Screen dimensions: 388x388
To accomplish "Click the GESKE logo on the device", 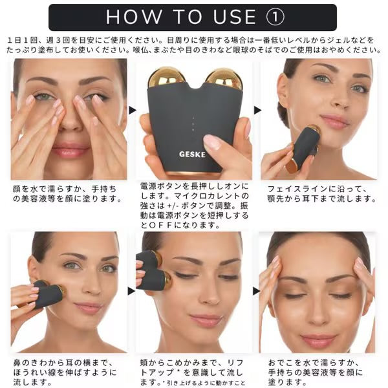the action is pyautogui.click(x=192, y=155).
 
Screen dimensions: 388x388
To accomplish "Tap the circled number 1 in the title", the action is pyautogui.click(x=275, y=17).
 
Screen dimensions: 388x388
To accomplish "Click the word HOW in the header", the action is pyautogui.click(x=133, y=17).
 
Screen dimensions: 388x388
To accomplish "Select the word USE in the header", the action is pyautogui.click(x=234, y=17).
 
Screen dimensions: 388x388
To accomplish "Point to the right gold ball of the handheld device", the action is pyautogui.click(x=224, y=79).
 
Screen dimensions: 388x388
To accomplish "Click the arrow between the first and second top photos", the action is pyautogui.click(x=133, y=111).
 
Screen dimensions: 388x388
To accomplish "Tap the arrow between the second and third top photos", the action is pyautogui.click(x=257, y=111).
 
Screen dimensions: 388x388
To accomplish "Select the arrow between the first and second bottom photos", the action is pyautogui.click(x=131, y=291).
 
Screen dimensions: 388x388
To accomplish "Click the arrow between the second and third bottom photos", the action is pyautogui.click(x=256, y=291).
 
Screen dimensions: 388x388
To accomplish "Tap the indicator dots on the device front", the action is pyautogui.click(x=193, y=124).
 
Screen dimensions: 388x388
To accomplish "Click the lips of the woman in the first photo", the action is pyautogui.click(x=70, y=150).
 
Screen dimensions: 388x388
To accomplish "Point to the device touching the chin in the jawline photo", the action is pyautogui.click(x=304, y=149).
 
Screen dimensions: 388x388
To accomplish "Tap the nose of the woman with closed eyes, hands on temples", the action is pyautogui.click(x=318, y=314).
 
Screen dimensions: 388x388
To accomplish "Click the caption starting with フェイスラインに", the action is pyautogui.click(x=321, y=194).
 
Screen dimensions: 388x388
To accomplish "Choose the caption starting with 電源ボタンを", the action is pyautogui.click(x=194, y=206).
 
